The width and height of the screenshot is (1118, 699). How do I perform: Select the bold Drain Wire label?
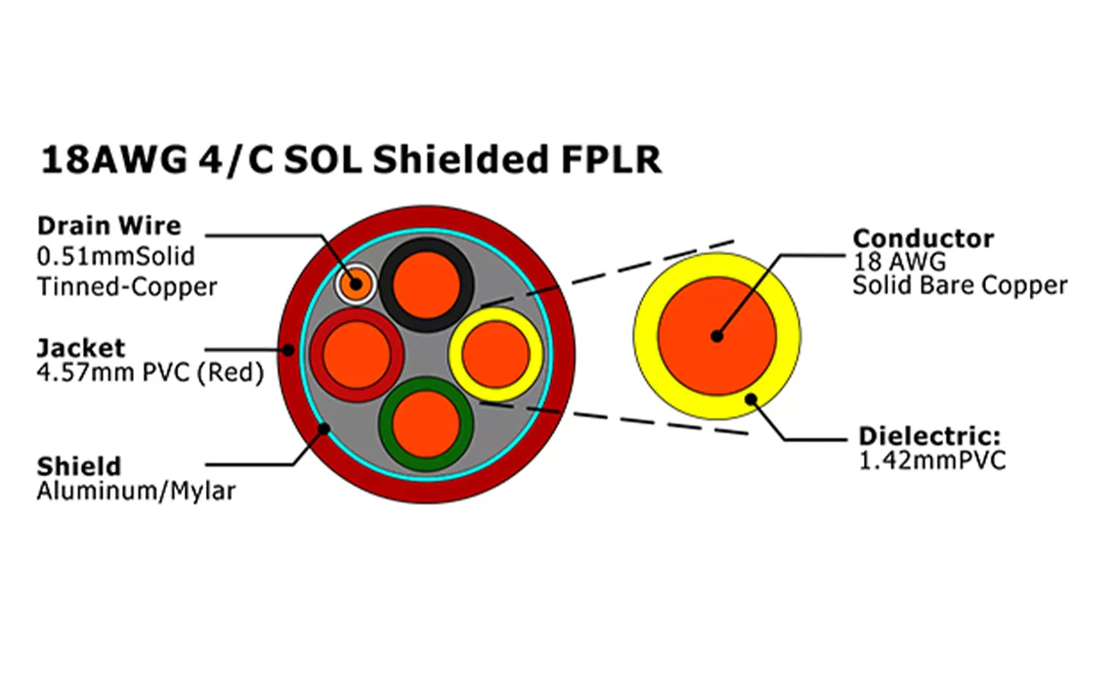108,225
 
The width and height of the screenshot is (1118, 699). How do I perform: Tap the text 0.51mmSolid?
115,257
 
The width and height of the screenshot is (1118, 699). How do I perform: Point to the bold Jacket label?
80,348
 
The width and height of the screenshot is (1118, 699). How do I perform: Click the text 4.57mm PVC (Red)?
149,374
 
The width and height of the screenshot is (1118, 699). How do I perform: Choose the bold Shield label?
79,465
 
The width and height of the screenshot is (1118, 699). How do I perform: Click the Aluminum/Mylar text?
135,491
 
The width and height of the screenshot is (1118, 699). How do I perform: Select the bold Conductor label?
923,238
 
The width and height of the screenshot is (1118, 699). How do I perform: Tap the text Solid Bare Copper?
960,285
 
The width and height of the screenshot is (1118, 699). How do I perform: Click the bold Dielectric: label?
928,436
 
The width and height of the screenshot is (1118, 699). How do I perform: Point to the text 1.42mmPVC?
932,460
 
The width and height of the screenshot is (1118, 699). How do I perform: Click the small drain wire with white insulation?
355,283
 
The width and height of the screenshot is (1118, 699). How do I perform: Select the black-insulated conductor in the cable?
426,284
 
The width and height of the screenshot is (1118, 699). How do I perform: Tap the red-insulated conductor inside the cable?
356,356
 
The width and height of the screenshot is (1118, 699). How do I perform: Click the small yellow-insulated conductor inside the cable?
495,355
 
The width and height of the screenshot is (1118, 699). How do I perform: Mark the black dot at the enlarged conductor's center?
717,336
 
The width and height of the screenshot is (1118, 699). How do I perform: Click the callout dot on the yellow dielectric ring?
749,399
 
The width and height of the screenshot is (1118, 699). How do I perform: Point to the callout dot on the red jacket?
288,350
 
